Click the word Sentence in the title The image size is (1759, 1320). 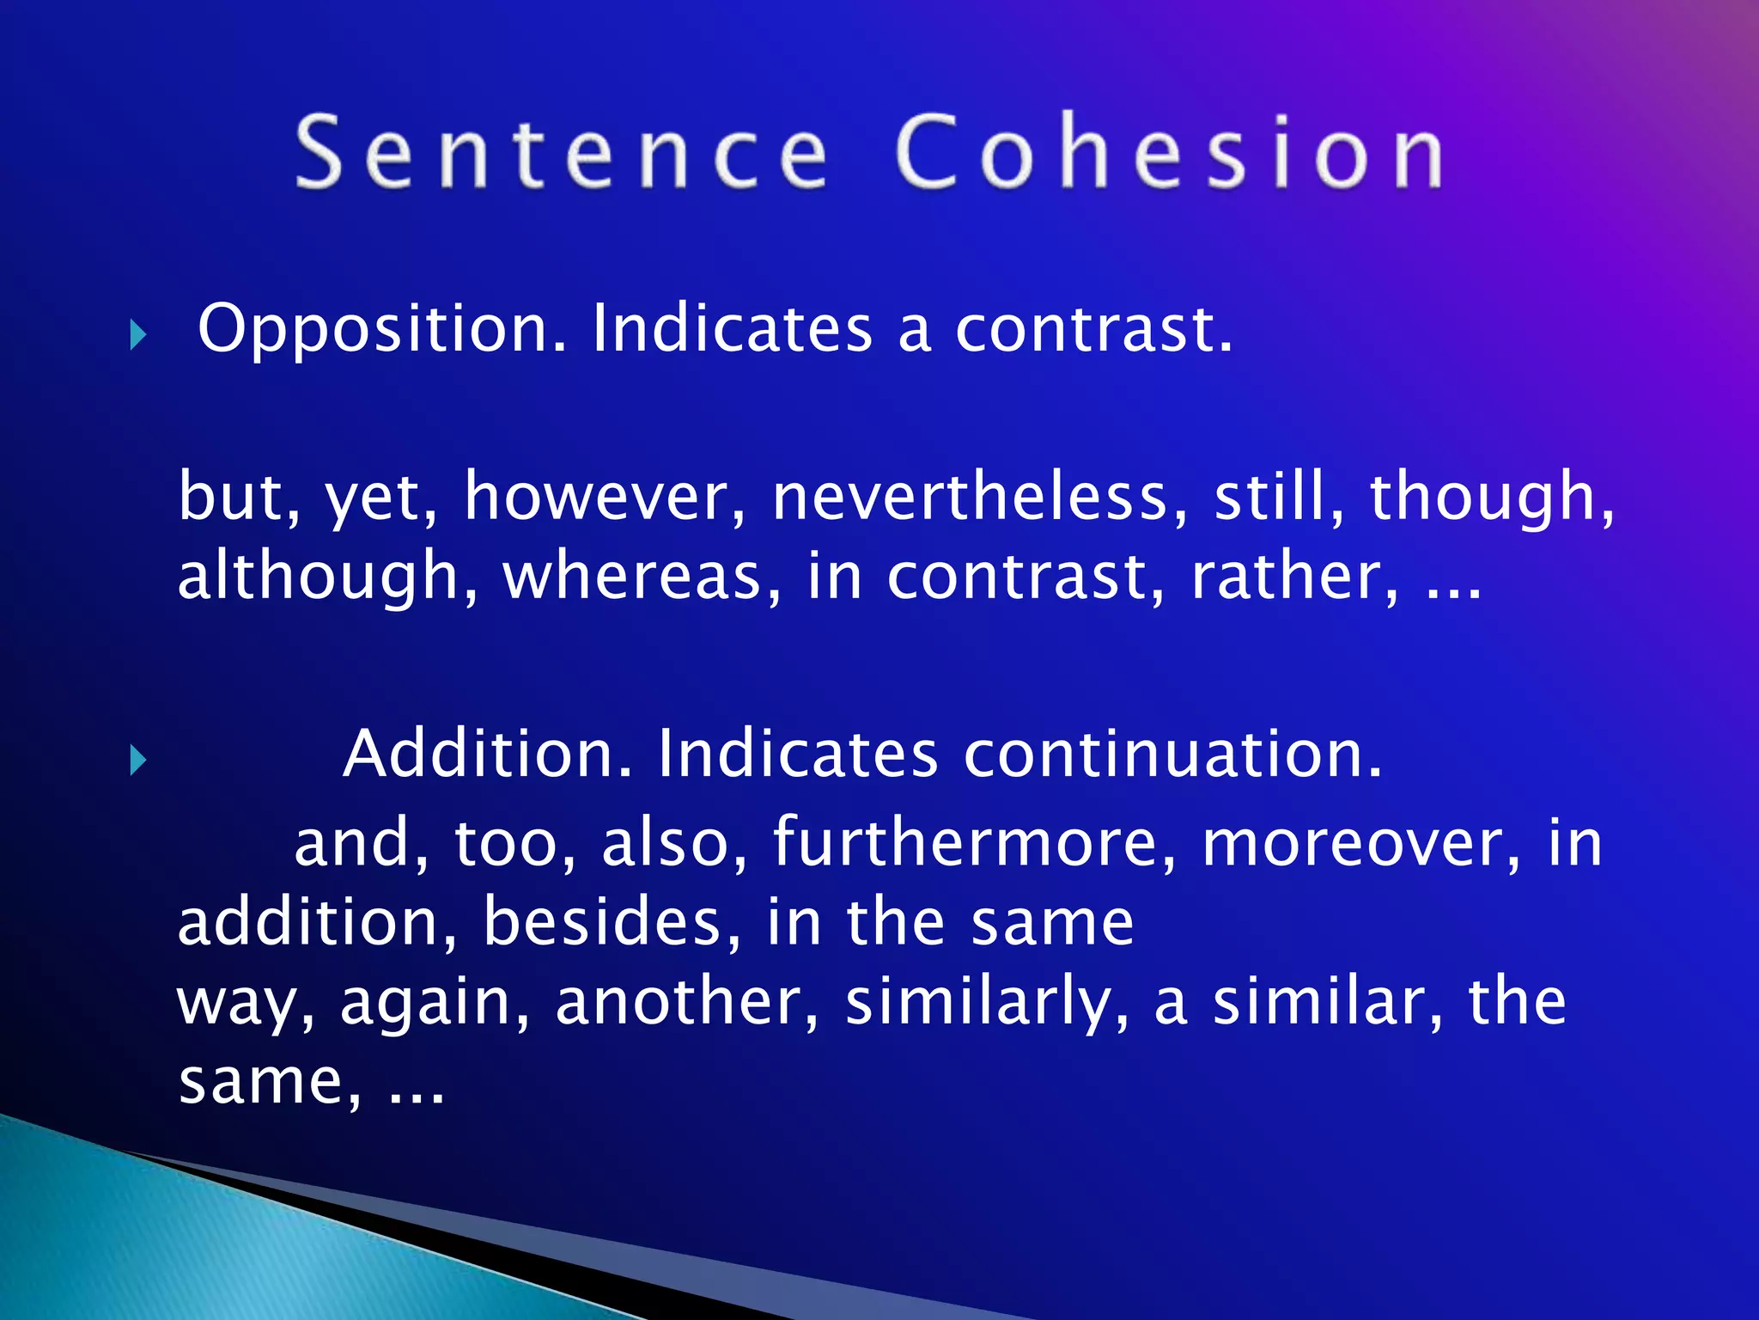point(563,153)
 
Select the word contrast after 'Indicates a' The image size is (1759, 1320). point(1093,330)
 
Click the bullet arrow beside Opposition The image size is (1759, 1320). point(137,334)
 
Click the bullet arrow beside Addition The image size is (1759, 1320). point(137,760)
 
